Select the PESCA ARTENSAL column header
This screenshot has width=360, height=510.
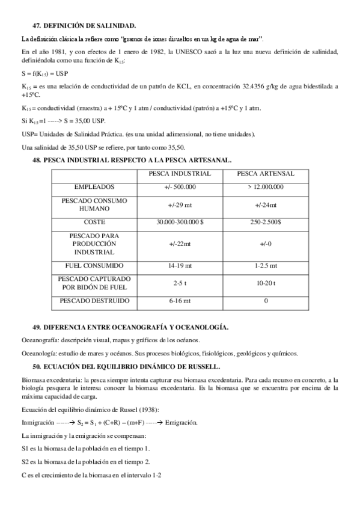coord(266,174)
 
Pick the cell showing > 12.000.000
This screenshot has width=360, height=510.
coord(266,187)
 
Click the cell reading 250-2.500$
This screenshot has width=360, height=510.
coord(266,222)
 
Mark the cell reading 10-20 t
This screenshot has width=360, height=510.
coord(266,283)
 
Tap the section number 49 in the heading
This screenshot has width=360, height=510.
coord(37,327)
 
